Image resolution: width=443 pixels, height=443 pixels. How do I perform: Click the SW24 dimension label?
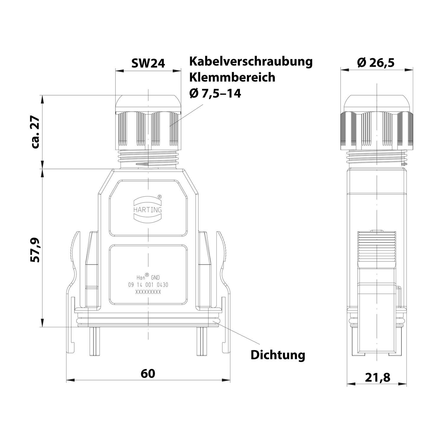148,63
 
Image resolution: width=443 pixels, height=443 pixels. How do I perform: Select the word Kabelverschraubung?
251,62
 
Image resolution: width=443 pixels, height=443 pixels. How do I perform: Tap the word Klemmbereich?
232,77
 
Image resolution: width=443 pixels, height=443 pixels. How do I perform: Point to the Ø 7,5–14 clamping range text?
215,93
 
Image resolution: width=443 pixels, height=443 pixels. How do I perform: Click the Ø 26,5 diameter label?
376,62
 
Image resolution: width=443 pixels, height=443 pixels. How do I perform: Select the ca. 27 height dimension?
36,132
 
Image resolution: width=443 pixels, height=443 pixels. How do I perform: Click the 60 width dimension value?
148,374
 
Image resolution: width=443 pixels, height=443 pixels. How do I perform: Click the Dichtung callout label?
278,355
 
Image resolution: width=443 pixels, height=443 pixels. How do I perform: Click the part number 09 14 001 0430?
148,285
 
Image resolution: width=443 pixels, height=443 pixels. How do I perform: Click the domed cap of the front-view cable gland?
148,102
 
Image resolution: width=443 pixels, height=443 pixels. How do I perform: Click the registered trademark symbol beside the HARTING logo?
159,196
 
